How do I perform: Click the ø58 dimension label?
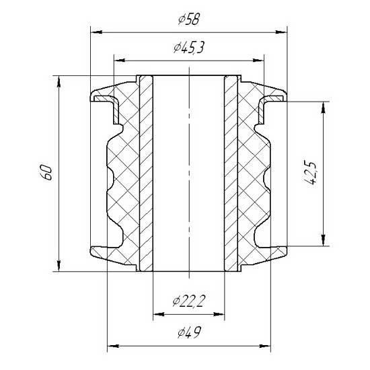[189, 20]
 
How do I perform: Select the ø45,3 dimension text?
[188, 48]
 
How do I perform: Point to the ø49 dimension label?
[189, 332]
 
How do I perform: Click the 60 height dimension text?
[46, 173]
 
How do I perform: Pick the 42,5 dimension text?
[309, 173]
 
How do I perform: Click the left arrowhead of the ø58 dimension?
[96, 32]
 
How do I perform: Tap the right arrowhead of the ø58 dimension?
[281, 32]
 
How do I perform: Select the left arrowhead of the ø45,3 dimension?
[119, 60]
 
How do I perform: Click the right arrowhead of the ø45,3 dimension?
[258, 60]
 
